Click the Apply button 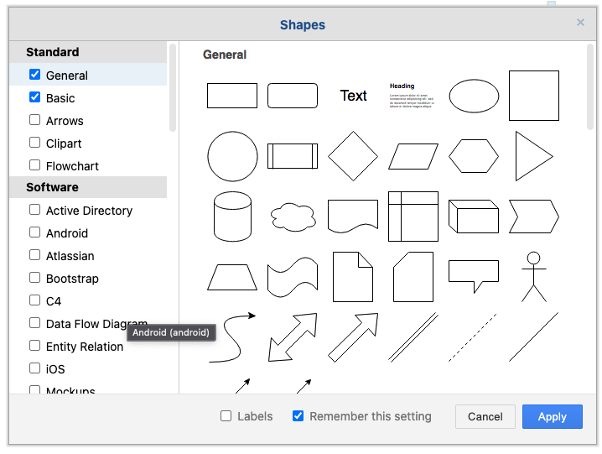pos(552,416)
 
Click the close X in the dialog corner pos(580,23)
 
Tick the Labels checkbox pos(226,415)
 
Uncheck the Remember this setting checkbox pos(298,415)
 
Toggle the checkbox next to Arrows pos(34,120)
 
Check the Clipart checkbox pos(34,143)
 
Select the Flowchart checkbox pos(34,165)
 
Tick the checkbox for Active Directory pos(34,210)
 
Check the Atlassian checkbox pos(34,255)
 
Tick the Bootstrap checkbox pos(34,278)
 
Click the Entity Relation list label pos(85,347)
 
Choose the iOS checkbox pos(34,368)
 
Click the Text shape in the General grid pos(353,96)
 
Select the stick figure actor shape pos(533,276)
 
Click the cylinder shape pos(232,217)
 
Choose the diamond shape pos(353,156)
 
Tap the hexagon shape pos(474,156)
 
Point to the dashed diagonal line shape pos(473,337)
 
